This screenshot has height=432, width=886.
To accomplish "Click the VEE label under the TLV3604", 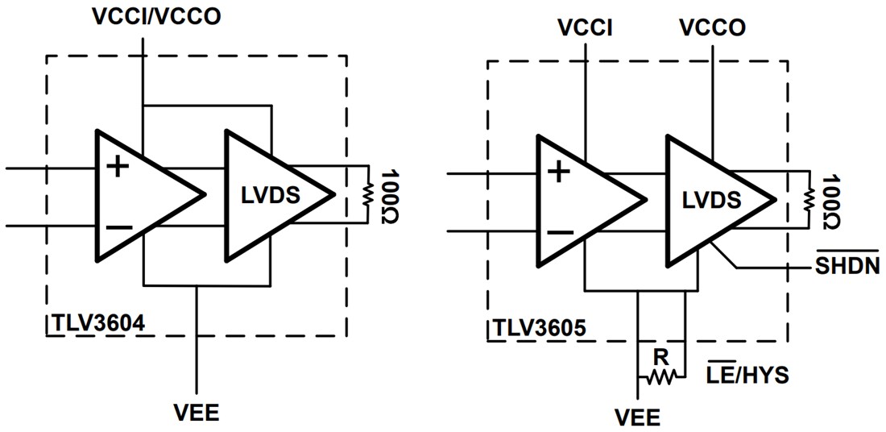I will click(x=197, y=413).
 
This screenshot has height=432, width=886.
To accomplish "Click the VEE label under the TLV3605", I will click(x=637, y=417).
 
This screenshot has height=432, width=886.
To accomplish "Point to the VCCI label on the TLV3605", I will click(x=586, y=27).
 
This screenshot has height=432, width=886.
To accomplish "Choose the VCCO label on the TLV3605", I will click(x=712, y=27).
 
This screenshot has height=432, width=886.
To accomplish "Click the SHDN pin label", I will click(x=845, y=266).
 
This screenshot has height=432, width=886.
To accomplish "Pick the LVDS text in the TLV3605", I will click(x=710, y=199).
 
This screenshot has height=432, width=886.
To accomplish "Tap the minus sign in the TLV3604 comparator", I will click(x=118, y=227).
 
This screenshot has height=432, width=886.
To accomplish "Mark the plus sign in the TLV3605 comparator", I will click(x=559, y=172).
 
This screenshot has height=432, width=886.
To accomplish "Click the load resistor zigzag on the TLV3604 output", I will click(x=367, y=194).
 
